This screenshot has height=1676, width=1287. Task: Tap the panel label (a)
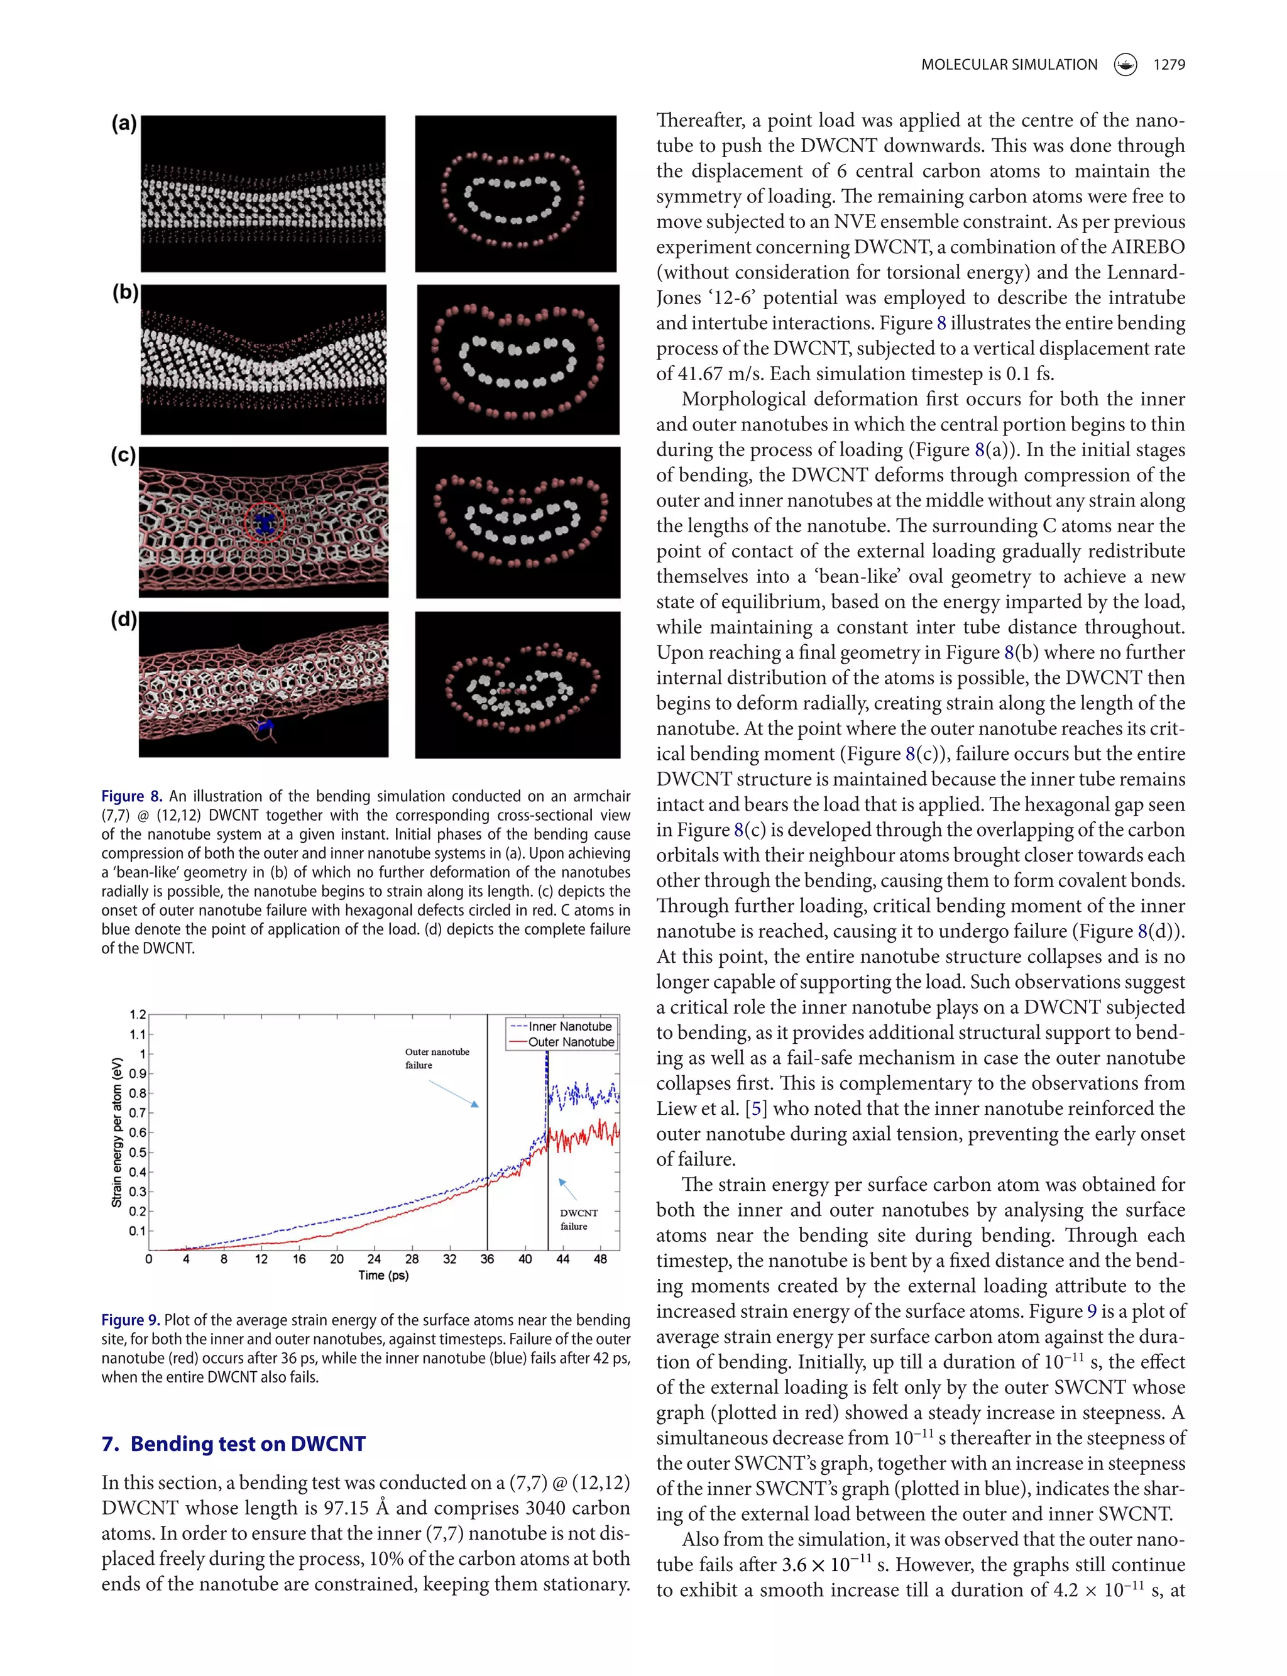(123, 123)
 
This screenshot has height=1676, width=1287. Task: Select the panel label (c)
(123, 455)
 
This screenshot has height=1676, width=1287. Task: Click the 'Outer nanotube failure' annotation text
(437, 1058)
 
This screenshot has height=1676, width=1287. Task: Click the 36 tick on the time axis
(487, 1259)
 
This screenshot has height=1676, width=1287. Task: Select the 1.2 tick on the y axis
(137, 1015)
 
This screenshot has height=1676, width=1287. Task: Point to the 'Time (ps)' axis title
(383, 1276)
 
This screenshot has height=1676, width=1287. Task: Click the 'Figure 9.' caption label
(130, 1320)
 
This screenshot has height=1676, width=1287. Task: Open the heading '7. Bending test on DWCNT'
(234, 1444)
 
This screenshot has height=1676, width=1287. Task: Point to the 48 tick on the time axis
(600, 1259)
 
